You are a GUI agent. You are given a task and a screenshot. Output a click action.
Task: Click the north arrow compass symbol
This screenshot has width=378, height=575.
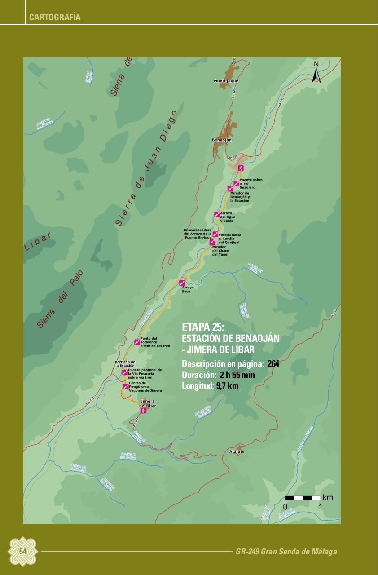coord(316,73)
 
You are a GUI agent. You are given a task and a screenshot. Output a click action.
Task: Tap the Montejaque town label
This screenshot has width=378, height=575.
coord(226,81)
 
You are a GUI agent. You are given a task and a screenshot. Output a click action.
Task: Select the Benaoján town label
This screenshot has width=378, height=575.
coord(221,140)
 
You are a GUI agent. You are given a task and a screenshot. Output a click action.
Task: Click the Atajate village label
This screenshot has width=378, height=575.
coord(237,451)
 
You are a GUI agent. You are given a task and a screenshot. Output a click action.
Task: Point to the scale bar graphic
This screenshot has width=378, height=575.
coord(303,498)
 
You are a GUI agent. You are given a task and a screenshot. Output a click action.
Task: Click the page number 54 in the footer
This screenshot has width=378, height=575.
coord(23,551)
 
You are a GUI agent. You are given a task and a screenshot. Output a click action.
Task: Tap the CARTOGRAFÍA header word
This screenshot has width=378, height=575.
coord(55,18)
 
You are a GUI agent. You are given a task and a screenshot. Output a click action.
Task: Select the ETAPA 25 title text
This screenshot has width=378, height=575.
coord(203,327)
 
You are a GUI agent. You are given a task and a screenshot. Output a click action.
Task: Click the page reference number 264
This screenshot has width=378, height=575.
coord(273,364)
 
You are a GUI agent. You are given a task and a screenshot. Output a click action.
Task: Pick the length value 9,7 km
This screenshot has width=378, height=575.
coord(227,385)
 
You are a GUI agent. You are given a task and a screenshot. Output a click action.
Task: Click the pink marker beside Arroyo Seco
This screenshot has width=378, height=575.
coord(182,283)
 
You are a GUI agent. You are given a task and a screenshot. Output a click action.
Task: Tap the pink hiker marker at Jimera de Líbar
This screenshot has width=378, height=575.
coord(143,410)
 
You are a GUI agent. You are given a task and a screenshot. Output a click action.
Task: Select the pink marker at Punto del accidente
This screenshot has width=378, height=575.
coord(137,342)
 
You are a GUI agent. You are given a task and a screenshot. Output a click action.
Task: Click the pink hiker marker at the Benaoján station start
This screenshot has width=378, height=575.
coord(241,168)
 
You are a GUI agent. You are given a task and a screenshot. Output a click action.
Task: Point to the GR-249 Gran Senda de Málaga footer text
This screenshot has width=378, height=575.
coord(286,552)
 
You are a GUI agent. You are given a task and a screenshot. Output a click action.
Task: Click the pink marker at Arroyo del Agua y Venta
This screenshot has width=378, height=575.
coord(217,214)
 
